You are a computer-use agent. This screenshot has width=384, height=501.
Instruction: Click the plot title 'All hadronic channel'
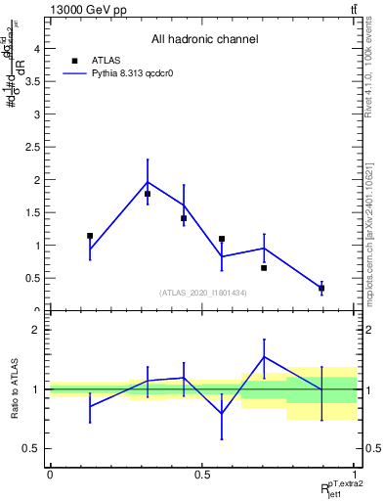click(204, 40)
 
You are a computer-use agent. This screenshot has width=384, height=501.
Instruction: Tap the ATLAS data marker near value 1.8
click(148, 194)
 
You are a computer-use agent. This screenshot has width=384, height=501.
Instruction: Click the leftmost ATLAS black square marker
click(90, 236)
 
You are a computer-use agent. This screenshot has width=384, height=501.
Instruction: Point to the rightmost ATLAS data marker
click(321, 288)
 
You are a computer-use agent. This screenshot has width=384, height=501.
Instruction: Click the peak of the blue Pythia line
click(148, 181)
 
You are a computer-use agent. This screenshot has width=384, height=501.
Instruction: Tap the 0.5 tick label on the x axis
click(202, 475)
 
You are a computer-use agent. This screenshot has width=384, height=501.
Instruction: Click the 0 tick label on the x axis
click(49, 475)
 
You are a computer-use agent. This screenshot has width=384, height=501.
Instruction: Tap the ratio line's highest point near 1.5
click(264, 356)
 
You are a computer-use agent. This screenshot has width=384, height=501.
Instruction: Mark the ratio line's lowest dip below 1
click(222, 413)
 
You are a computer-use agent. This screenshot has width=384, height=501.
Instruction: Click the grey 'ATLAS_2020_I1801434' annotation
click(201, 294)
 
